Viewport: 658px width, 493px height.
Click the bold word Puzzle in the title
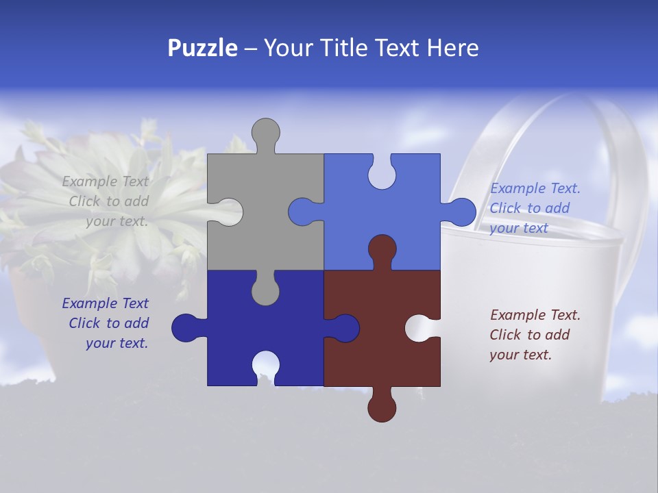tap(202, 48)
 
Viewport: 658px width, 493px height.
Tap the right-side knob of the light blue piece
tap(461, 212)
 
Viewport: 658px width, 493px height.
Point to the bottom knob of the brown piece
tap(382, 407)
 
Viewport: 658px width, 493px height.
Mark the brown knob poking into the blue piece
tap(382, 249)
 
